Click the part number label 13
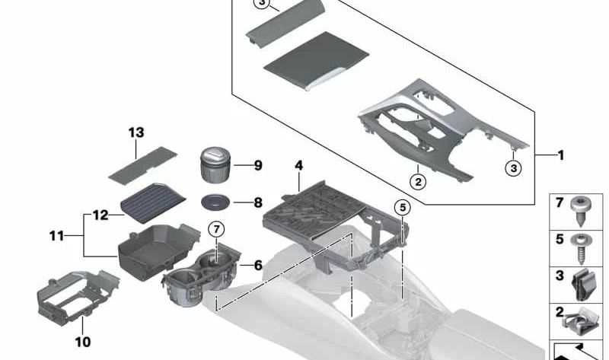point(136,132)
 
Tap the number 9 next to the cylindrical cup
point(258,165)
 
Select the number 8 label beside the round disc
point(258,203)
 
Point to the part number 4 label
point(298,165)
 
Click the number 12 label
point(100,215)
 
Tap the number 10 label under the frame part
point(84,342)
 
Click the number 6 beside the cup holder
point(258,265)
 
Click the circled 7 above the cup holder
point(216,228)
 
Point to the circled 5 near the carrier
point(402,206)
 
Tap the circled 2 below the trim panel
point(418,181)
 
